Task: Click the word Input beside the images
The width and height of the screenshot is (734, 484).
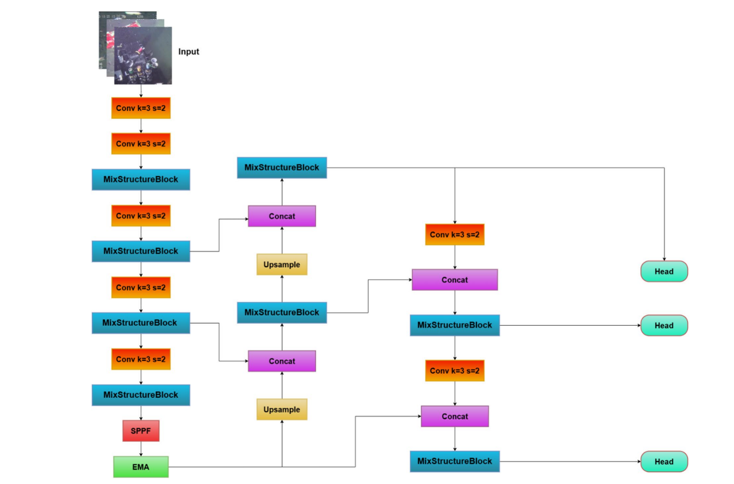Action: [189, 52]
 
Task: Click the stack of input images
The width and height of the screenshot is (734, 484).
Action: [137, 47]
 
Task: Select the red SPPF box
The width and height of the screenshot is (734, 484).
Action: [141, 431]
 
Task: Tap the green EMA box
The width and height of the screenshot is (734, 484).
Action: [141, 467]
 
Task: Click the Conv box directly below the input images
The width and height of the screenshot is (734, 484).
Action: [141, 108]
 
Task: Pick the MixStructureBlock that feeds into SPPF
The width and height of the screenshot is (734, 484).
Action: [141, 395]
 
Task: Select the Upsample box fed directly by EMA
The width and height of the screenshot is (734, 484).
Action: [282, 409]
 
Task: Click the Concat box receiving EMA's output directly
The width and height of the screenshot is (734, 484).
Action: [455, 416]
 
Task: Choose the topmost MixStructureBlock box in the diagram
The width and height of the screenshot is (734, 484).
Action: [282, 167]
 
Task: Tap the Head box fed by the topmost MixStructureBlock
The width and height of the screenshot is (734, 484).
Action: [664, 271]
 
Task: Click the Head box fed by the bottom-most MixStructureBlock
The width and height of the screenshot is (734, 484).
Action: [664, 462]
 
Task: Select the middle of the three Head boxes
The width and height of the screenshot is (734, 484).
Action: [664, 325]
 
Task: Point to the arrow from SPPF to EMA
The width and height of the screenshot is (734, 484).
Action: [141, 449]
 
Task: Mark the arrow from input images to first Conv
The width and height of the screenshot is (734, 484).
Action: [141, 91]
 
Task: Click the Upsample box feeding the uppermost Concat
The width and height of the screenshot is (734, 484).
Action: [282, 265]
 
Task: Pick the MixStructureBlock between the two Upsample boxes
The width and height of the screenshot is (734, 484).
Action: [282, 313]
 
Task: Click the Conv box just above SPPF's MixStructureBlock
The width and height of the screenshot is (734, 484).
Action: [141, 359]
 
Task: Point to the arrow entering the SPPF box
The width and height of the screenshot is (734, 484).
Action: [141, 413]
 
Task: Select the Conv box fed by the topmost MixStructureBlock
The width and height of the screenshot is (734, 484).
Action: [455, 234]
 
